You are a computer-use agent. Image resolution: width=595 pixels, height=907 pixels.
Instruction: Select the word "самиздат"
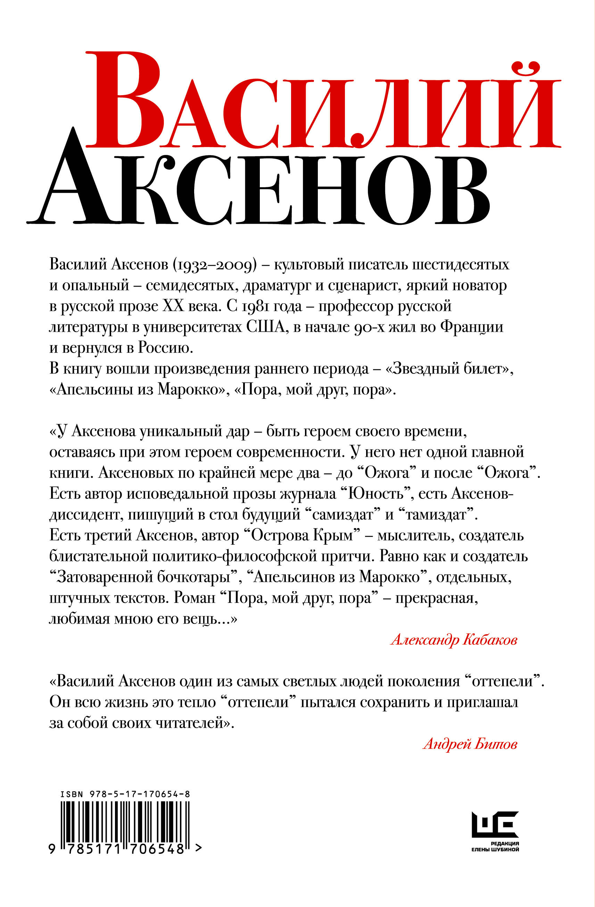click(x=342, y=515)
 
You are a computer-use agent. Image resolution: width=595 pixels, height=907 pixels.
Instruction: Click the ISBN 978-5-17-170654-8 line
click(x=125, y=794)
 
